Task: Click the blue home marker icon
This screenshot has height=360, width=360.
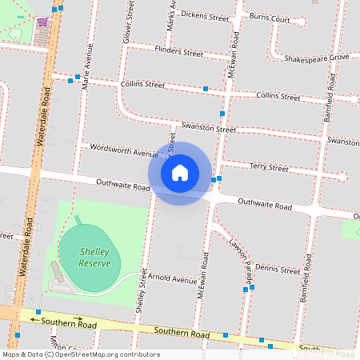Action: [x=180, y=173]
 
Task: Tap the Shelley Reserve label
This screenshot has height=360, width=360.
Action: [x=94, y=257]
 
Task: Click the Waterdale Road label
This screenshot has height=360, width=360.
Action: [x=45, y=120]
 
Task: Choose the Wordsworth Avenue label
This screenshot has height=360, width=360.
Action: [x=125, y=150]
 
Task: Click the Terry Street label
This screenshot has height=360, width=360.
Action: [x=269, y=168]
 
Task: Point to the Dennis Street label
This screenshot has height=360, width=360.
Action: [x=277, y=269]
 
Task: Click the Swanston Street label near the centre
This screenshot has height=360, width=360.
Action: [x=208, y=128]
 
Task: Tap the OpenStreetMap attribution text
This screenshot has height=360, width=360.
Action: [x=82, y=354]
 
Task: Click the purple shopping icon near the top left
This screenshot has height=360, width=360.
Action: [x=42, y=22]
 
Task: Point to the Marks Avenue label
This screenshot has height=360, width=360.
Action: [x=171, y=16]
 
